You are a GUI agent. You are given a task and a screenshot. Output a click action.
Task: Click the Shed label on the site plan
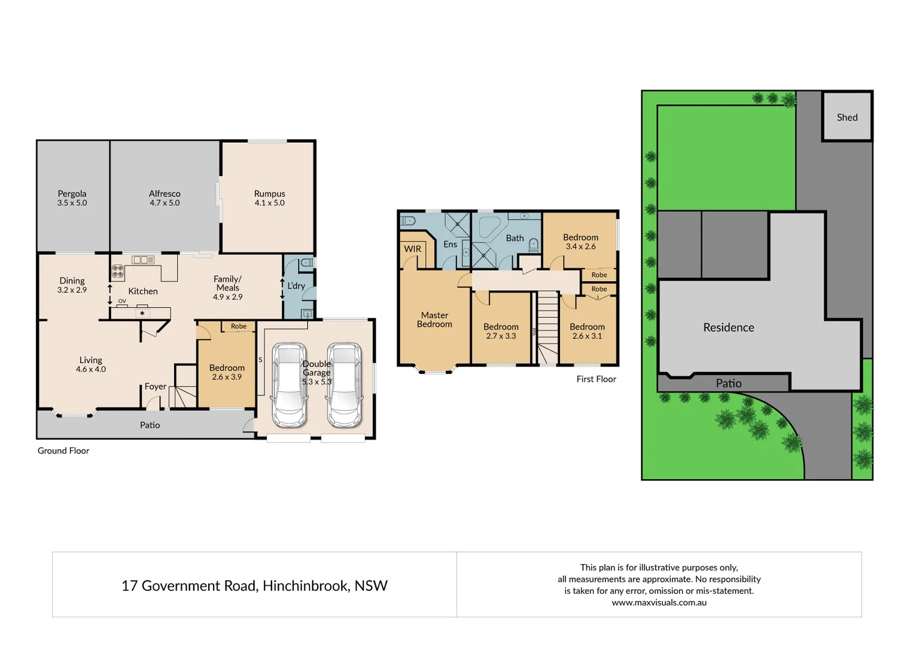(x=847, y=117)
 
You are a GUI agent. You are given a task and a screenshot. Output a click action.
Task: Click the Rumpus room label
(x=269, y=194)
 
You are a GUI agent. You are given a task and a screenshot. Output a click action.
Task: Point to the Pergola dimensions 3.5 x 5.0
(x=72, y=203)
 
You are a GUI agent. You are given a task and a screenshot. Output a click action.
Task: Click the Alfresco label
(x=165, y=194)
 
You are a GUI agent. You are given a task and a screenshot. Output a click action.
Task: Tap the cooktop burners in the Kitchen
(x=118, y=272)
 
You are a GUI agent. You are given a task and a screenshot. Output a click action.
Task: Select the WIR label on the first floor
(x=412, y=249)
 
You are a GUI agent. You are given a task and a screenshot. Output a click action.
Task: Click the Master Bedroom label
(x=434, y=319)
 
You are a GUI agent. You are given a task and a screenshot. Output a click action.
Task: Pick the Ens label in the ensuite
(x=450, y=244)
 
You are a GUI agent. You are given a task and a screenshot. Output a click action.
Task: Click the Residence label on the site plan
(x=728, y=327)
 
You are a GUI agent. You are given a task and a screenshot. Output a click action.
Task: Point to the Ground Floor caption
(x=63, y=450)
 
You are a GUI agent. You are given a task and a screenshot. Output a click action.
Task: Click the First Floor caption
(x=596, y=379)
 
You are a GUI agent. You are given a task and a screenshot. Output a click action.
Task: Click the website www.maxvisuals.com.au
(x=659, y=602)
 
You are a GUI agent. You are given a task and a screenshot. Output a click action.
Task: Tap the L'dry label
(x=296, y=286)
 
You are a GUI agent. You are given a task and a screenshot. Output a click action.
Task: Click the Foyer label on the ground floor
(x=156, y=386)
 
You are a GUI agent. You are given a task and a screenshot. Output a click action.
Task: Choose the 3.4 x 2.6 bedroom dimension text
(x=580, y=246)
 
